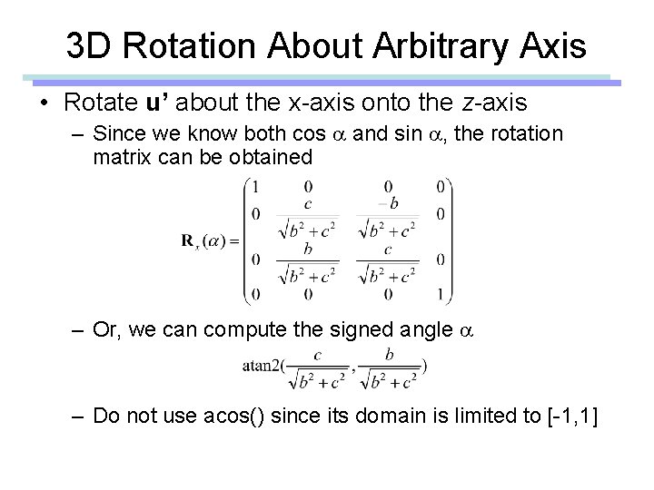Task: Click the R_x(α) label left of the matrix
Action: [208, 240]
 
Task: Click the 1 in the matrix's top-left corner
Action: [256, 186]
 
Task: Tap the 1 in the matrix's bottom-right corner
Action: [440, 294]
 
